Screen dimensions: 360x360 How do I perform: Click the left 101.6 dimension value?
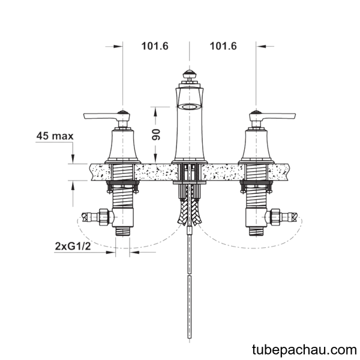tap(155, 46)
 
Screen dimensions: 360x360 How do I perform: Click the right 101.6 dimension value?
tap(223, 46)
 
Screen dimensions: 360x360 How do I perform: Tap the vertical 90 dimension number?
tap(156, 134)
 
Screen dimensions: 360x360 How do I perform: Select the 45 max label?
tap(55, 136)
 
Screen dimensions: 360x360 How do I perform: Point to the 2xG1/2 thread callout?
tap(73, 247)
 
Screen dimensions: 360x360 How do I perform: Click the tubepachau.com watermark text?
tap(304, 350)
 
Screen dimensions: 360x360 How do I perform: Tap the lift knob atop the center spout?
tap(190, 75)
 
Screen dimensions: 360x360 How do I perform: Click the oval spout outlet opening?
tap(190, 107)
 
